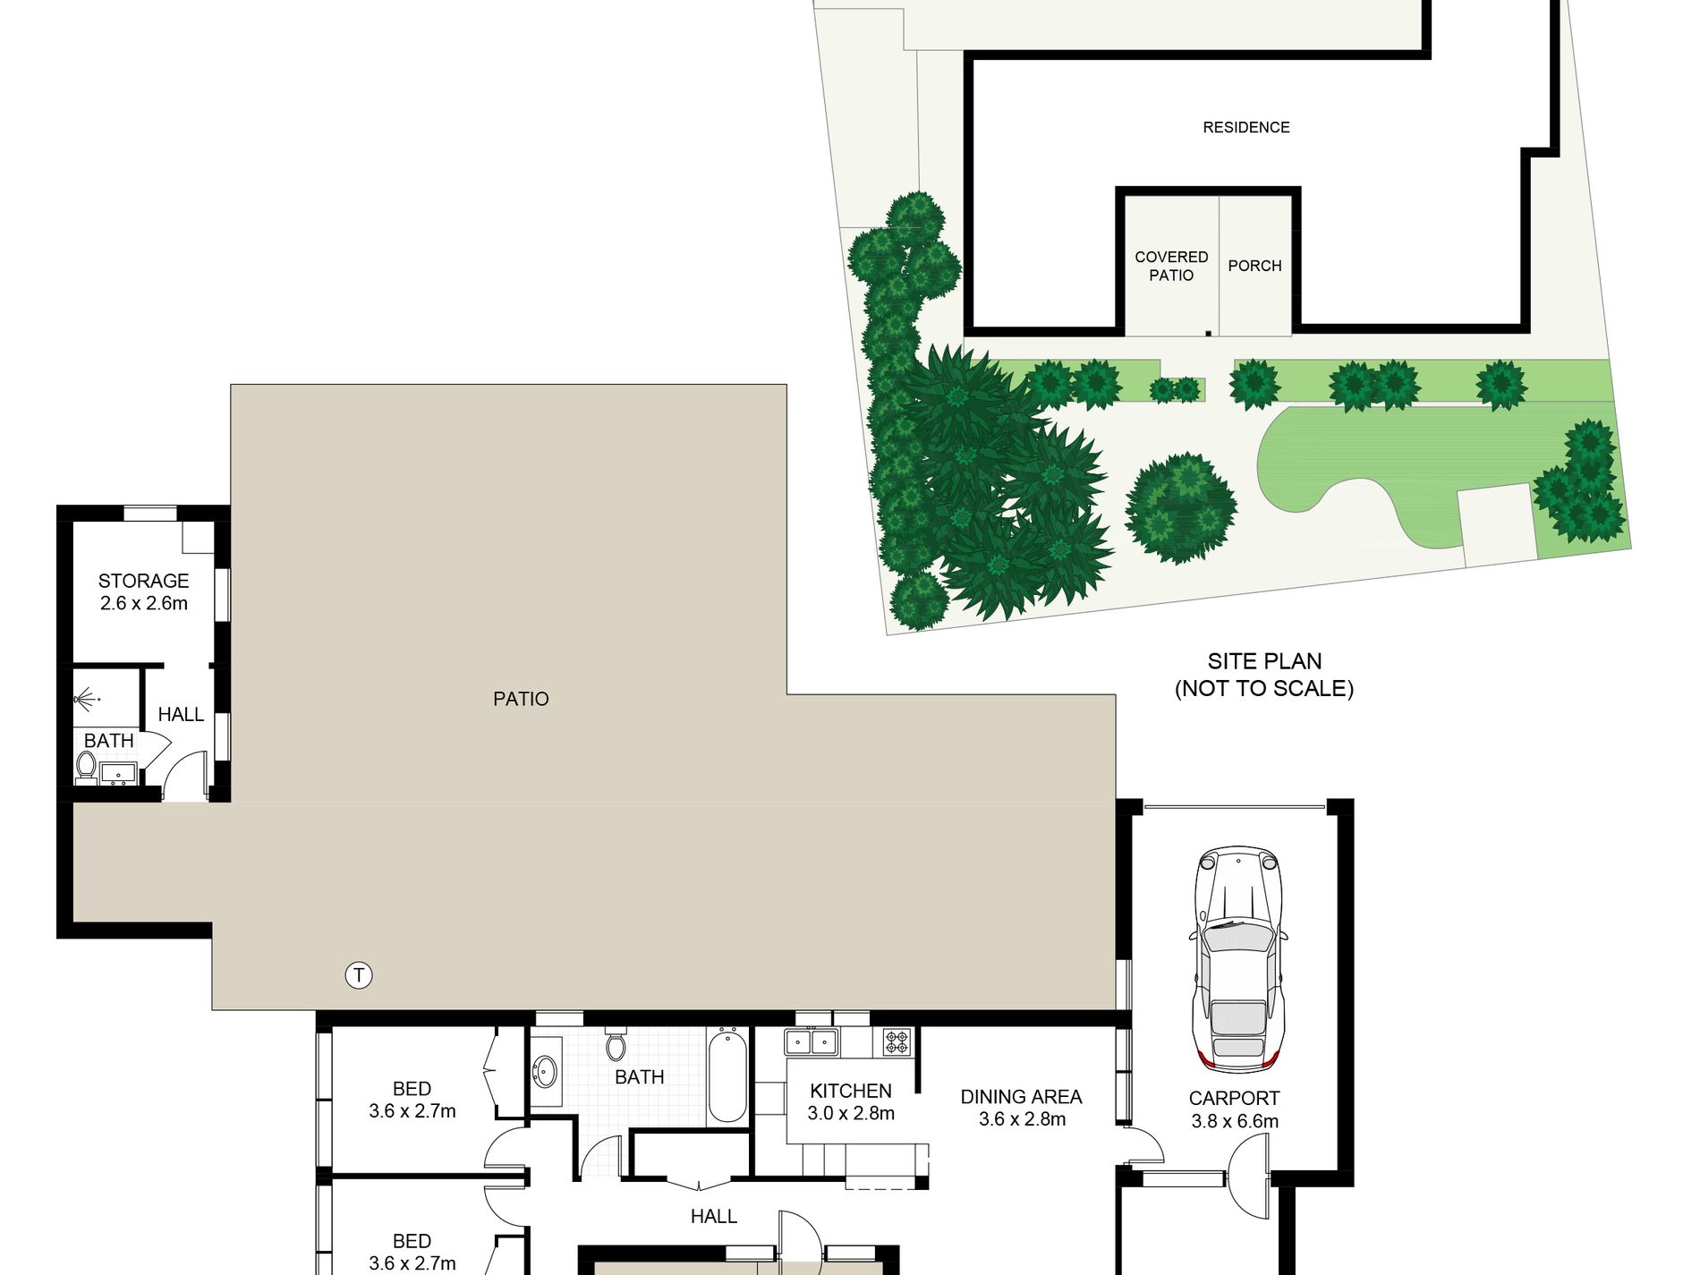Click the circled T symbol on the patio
point(359,975)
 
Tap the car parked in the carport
point(1237,958)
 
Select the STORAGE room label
point(143,581)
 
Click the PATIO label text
point(521,699)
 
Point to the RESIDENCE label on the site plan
point(1245,128)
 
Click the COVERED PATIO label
point(1171,266)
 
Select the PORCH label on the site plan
point(1254,266)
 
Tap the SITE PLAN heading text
point(1264,661)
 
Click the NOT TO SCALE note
point(1263,688)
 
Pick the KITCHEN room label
point(850,1091)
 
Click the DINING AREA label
point(1021,1096)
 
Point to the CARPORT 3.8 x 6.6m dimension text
point(1235,1121)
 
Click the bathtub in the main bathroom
point(727,1075)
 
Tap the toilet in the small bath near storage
point(86,765)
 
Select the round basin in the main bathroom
point(545,1071)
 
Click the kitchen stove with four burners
point(897,1041)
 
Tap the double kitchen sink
point(811,1041)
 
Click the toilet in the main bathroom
point(616,1045)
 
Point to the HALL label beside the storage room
point(181,714)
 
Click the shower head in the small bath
point(86,697)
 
